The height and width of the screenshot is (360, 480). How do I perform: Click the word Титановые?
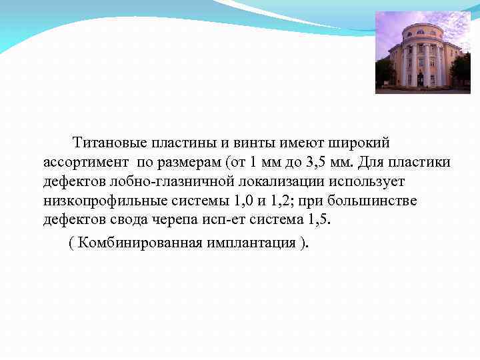coord(110,143)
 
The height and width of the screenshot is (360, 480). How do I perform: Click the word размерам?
coord(191,162)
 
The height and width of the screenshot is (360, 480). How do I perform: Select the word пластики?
coord(422,162)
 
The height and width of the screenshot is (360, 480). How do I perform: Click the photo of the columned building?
coord(423,53)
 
